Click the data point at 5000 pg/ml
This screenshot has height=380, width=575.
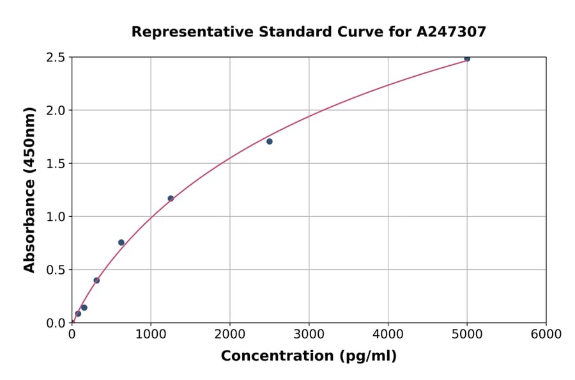467,58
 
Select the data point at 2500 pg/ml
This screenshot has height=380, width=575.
270,141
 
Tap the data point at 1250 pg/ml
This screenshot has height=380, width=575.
171,198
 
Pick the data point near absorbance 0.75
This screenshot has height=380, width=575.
121,242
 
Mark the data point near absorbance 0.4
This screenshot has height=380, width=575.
96,280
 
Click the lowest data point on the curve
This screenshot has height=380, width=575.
78,314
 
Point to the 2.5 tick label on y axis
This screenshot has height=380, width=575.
56,58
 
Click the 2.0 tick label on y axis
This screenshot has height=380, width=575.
56,111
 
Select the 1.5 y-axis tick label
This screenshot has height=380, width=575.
56,164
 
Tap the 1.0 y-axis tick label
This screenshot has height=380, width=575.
56,217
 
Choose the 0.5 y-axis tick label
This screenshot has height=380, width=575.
56,270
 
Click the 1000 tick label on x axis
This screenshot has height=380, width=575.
151,335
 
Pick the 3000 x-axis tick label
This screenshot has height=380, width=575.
309,335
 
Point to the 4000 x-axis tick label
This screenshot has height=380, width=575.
388,335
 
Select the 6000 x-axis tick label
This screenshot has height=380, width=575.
546,335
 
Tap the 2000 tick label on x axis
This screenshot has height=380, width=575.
230,335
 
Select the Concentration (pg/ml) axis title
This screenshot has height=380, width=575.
309,356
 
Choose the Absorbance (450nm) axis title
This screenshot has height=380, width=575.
29,189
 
